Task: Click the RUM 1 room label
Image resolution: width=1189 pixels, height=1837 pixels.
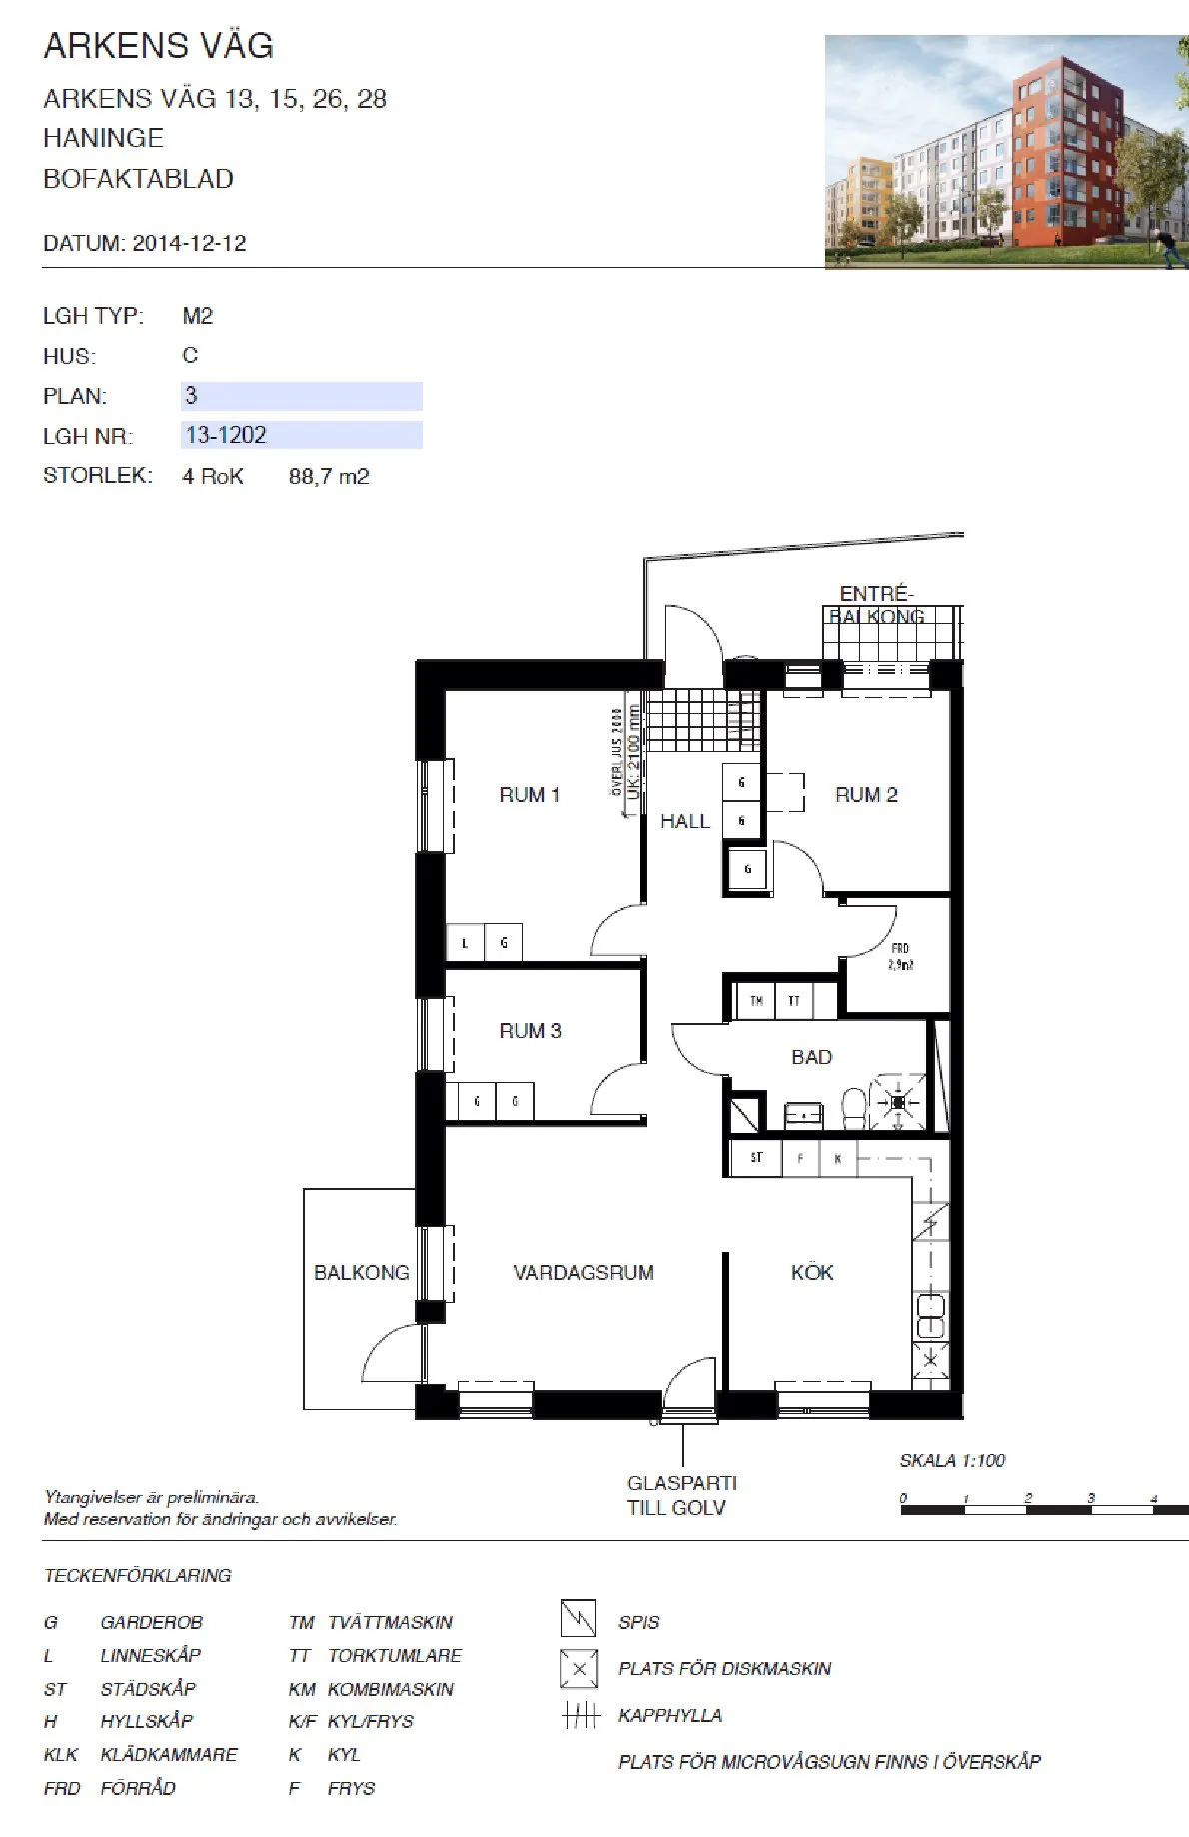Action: pyautogui.click(x=529, y=795)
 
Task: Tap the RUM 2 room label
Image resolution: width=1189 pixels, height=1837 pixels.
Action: pyautogui.click(x=865, y=795)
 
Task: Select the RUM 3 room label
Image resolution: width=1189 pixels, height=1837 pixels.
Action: pyautogui.click(x=530, y=1031)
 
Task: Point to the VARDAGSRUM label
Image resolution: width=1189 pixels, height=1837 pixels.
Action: pyautogui.click(x=583, y=1273)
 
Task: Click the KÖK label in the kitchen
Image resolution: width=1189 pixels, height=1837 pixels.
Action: pyautogui.click(x=811, y=1273)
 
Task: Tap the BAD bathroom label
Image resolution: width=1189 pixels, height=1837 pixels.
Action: pyautogui.click(x=811, y=1057)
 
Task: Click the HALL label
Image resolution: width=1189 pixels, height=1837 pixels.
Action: pyautogui.click(x=684, y=822)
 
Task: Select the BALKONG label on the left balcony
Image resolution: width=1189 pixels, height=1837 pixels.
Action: pyautogui.click(x=361, y=1273)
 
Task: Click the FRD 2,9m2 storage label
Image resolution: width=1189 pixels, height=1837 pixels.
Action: pyautogui.click(x=900, y=956)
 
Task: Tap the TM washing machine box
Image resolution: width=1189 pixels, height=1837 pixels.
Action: pyautogui.click(x=756, y=1000)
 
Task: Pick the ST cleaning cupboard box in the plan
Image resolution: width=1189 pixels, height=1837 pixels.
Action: pyautogui.click(x=756, y=1158)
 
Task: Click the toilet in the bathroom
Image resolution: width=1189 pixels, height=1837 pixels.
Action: pyautogui.click(x=854, y=1106)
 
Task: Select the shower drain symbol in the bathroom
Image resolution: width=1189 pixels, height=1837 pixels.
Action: pyautogui.click(x=897, y=1102)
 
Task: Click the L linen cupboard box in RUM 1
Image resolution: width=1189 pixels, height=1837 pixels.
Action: pyautogui.click(x=465, y=942)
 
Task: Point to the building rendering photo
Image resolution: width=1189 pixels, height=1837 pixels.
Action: pyautogui.click(x=1005, y=152)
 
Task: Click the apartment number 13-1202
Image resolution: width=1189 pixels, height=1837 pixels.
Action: pyautogui.click(x=226, y=435)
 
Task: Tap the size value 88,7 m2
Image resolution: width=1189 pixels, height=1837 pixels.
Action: pyautogui.click(x=329, y=477)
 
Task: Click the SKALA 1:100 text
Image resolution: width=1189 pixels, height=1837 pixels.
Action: pyautogui.click(x=951, y=1461)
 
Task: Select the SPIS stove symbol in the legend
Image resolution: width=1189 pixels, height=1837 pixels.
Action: pyautogui.click(x=579, y=1618)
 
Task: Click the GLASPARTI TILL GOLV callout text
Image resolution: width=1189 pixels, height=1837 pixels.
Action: pyautogui.click(x=681, y=1495)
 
